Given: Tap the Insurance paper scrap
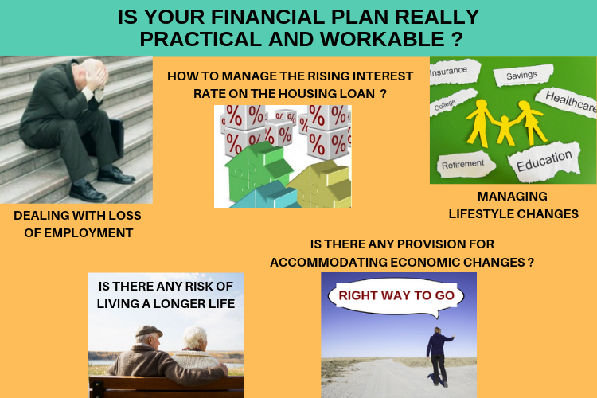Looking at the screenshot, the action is (454, 72).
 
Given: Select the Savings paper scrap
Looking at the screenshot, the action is (523, 75).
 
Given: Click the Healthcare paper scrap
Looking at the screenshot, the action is (568, 102).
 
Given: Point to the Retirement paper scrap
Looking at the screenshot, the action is (466, 164).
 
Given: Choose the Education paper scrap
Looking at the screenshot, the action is (544, 160).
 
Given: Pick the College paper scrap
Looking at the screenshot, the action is (453, 100).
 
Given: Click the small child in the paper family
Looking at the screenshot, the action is (505, 131).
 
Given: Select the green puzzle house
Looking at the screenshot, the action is (259, 169).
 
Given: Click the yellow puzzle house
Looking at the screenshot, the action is (322, 183).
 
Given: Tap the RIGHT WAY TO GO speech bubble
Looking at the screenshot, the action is (396, 297).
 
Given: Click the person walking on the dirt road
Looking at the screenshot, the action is (439, 357).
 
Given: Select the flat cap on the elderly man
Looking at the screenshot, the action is (149, 331).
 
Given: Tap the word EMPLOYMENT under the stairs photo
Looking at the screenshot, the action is (88, 232).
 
